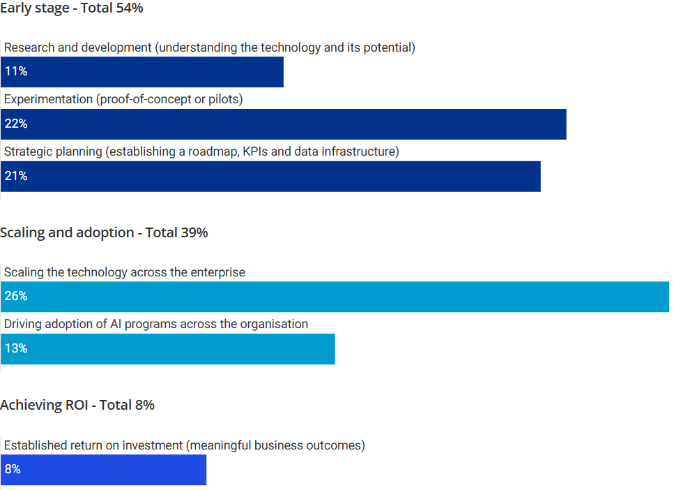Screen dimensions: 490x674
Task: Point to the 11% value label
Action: click(x=15, y=71)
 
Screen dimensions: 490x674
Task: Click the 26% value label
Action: click(x=15, y=296)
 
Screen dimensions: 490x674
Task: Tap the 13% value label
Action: click(x=15, y=348)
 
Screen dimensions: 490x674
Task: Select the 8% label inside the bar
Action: click(x=13, y=470)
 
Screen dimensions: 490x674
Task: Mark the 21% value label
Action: click(x=15, y=176)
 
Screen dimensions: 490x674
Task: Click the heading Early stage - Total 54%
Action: click(x=72, y=8)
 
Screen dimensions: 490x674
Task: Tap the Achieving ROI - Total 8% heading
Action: click(x=77, y=405)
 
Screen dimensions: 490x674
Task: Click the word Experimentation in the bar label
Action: click(x=48, y=99)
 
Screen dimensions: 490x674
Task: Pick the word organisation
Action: click(x=274, y=324)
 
